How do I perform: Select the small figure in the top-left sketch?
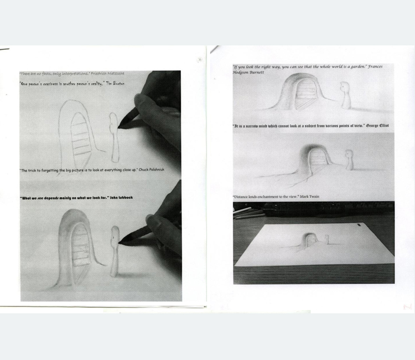(113, 136)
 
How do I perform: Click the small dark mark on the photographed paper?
(360, 226)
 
